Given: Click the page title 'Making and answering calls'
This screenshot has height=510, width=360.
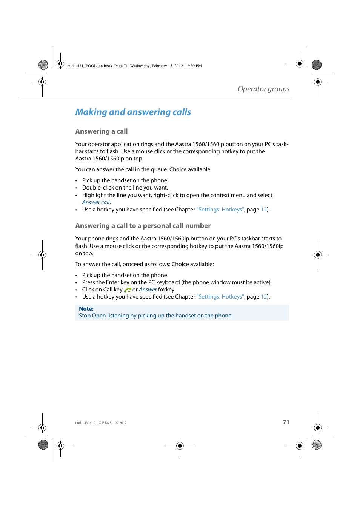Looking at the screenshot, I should coord(133,112).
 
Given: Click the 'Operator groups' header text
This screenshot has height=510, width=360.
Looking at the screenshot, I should coord(263,89).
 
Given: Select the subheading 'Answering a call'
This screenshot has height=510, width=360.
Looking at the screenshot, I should coord(101,131).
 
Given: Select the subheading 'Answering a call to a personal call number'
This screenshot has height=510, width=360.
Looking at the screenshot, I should coord(143,226).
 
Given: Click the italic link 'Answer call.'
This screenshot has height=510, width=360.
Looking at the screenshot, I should coord(96,202).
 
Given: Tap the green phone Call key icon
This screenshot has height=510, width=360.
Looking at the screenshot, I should coord(128,290).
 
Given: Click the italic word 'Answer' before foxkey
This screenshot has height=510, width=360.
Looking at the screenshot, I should coord(148,290).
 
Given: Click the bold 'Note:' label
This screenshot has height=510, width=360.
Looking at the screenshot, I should coord(86,309).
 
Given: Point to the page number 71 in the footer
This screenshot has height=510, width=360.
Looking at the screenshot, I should coord(286,422).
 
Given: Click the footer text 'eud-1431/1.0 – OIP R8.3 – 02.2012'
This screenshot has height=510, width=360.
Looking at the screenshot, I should coord(101,423).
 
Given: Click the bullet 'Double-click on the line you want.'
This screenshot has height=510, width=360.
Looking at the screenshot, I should coord(125,188).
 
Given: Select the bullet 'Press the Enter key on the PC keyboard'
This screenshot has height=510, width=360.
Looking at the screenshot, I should coord(177,282).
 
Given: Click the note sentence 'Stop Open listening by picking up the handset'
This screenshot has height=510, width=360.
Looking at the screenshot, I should coord(155,316).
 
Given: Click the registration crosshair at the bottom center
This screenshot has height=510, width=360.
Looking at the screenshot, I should coord(180,446).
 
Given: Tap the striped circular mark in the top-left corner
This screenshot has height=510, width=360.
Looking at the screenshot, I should coord(43,65).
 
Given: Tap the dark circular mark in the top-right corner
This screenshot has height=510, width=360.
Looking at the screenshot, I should coord(317,65).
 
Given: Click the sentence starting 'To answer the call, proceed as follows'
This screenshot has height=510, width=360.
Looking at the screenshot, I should coord(144,264).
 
